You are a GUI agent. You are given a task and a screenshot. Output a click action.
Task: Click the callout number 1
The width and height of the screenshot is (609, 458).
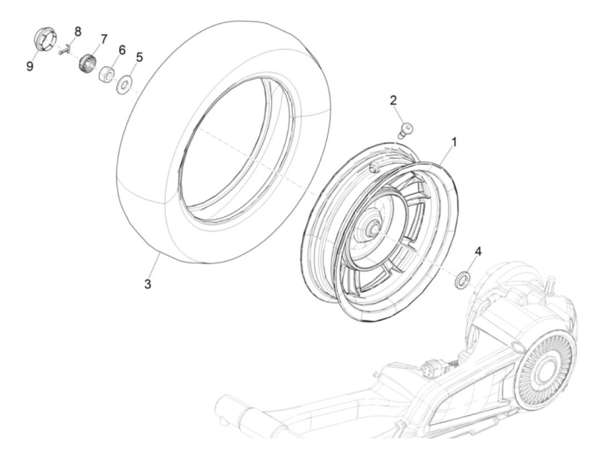454,142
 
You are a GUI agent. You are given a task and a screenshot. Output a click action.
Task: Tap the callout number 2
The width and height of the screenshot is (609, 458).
393,101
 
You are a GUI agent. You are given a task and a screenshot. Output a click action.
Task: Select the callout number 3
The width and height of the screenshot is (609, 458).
148,284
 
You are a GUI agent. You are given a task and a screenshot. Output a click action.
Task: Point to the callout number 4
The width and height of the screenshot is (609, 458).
478,251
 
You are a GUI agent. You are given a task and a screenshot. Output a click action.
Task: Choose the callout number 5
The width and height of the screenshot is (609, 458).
139,57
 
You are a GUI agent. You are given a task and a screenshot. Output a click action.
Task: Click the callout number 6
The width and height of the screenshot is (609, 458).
121,50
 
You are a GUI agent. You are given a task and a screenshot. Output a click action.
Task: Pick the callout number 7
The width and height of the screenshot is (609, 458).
104,39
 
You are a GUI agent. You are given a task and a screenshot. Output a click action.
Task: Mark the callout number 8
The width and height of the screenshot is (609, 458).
77,31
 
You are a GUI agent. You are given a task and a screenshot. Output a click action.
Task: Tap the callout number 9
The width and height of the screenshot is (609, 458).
30,67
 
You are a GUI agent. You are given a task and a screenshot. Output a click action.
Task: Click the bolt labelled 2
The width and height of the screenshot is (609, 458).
405,129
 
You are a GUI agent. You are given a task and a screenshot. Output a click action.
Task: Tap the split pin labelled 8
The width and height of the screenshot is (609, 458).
65,51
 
